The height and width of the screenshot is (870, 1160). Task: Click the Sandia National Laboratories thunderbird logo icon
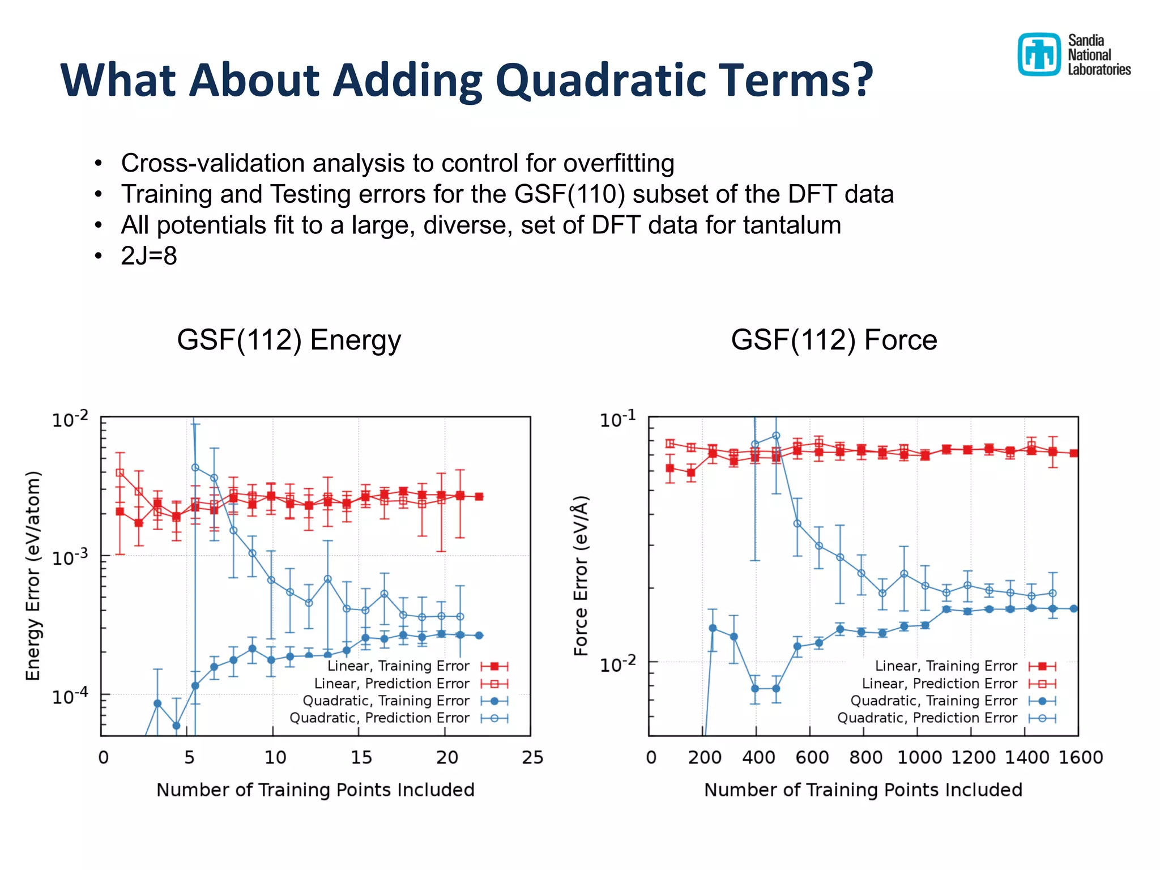pyautogui.click(x=1038, y=54)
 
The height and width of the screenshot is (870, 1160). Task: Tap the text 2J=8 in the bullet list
pyautogui.click(x=149, y=256)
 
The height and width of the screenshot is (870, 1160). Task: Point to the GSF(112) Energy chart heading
pyautogui.click(x=289, y=340)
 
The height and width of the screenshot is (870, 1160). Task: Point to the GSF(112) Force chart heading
pyautogui.click(x=834, y=340)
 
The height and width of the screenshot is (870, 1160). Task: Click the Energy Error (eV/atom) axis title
pyautogui.click(x=33, y=575)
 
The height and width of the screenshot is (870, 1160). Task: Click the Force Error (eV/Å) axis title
pyautogui.click(x=581, y=575)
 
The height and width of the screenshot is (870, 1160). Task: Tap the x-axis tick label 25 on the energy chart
pyautogui.click(x=532, y=757)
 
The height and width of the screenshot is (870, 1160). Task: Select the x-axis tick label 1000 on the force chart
pyautogui.click(x=919, y=757)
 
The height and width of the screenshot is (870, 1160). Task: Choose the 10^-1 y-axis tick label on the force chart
pyautogui.click(x=618, y=420)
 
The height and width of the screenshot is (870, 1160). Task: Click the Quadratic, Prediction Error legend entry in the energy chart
pyautogui.click(x=379, y=718)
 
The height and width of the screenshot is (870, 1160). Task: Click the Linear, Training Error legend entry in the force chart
pyautogui.click(x=946, y=666)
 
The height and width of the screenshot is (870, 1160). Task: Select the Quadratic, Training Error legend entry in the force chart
pyautogui.click(x=933, y=701)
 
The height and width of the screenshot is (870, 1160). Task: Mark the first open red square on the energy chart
pyautogui.click(x=120, y=472)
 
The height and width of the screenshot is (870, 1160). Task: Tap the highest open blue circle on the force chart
pyautogui.click(x=776, y=436)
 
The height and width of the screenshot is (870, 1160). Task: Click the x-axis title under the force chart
pyautogui.click(x=863, y=790)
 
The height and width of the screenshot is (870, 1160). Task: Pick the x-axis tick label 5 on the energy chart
pyautogui.click(x=189, y=757)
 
